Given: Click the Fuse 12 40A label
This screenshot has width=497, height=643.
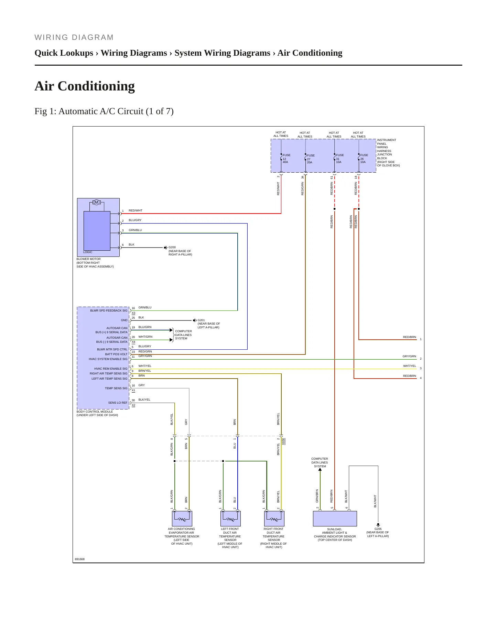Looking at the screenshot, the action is click(x=287, y=159).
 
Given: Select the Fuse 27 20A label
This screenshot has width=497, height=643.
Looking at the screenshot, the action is click(x=311, y=159).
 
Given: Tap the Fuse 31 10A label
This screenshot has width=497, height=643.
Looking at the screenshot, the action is click(x=340, y=159).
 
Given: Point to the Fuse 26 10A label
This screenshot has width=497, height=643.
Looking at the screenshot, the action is click(x=364, y=159).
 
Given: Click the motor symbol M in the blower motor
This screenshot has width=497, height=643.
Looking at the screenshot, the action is click(x=97, y=202).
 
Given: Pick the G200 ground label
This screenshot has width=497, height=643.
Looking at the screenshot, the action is click(x=172, y=247).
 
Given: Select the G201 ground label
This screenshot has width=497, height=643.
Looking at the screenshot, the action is click(x=201, y=320).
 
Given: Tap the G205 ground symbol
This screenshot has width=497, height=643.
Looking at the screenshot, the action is click(x=378, y=525).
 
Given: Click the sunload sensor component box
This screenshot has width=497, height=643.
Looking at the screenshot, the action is click(x=335, y=519).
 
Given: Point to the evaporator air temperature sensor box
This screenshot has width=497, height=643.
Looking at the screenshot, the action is click(x=182, y=519).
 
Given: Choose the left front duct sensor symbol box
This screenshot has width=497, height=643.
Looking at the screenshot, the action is click(x=230, y=519).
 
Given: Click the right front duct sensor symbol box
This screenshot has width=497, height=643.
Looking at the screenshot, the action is click(x=274, y=519).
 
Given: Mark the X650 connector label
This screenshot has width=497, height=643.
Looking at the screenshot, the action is click(x=283, y=442).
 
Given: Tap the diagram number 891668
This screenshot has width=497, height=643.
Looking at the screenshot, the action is click(x=80, y=559).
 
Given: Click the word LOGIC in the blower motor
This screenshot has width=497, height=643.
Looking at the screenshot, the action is click(x=88, y=252).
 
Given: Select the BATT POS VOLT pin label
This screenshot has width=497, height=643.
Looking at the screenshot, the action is click(x=116, y=354).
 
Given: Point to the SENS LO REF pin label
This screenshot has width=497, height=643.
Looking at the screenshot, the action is click(x=118, y=403).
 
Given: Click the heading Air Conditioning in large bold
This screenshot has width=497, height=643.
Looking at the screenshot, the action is click(x=85, y=86).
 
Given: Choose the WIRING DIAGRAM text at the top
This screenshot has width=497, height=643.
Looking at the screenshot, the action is click(x=74, y=37).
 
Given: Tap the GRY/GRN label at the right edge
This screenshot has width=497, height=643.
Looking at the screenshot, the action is click(x=409, y=357).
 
